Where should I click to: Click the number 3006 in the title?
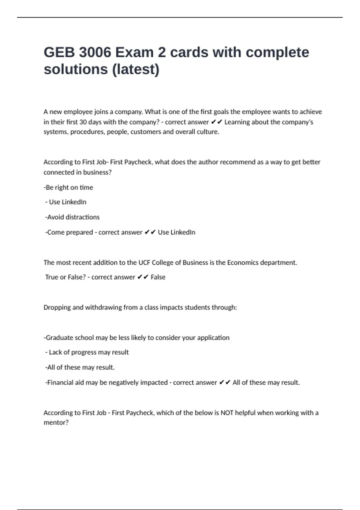coord(95,52)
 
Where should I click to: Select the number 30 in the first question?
coord(83,122)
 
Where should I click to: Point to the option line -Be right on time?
coord(68,187)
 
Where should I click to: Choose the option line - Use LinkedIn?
coord(66,202)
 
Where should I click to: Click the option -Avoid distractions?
coord(72,217)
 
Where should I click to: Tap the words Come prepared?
coord(70,232)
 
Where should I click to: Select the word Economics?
coord(243,263)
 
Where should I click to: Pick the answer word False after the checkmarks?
coord(158,277)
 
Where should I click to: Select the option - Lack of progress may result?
coord(87,352)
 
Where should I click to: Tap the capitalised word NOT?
coord(227,413)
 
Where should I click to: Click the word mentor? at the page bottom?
coord(56,423)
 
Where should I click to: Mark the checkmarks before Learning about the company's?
coord(217,122)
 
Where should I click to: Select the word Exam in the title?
coord(134,52)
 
